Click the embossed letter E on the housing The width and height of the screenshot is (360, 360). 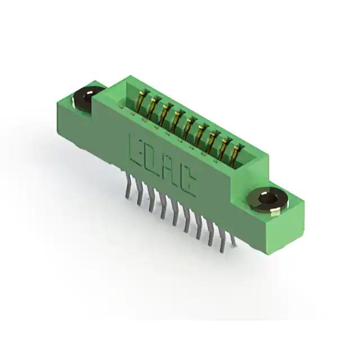[x=138, y=151]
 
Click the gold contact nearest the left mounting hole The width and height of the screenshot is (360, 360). [x=141, y=102]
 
